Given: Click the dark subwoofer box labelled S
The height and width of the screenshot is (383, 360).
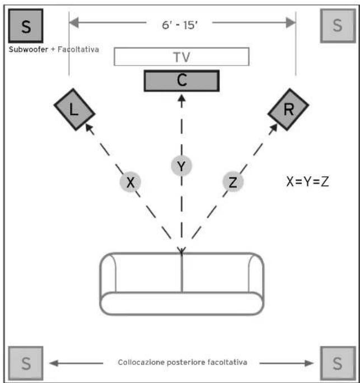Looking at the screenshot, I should [x=26, y=25].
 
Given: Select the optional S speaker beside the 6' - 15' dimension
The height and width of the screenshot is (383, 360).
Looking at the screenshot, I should [x=336, y=25].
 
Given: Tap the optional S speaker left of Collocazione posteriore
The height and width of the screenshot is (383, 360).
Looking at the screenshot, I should [x=26, y=363].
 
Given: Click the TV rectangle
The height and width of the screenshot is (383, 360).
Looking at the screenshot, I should [x=181, y=57].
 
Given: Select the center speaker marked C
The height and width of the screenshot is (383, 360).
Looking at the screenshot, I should [x=181, y=81].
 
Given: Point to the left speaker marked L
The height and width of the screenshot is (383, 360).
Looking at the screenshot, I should [x=74, y=110].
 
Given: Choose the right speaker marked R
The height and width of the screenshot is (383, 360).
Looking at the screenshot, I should [x=288, y=110].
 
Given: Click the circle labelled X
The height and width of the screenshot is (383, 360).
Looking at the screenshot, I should [x=130, y=182].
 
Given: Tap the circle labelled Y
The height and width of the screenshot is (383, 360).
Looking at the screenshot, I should [x=181, y=166].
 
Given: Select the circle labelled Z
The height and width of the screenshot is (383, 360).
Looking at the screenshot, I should [x=232, y=182].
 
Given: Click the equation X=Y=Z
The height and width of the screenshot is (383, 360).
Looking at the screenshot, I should [x=307, y=181].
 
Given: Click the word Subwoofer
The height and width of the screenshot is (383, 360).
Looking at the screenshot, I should [x=28, y=49].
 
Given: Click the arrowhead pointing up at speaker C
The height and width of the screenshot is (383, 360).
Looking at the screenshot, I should [x=181, y=99].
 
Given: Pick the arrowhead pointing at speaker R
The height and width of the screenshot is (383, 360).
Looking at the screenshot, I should [x=274, y=128].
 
